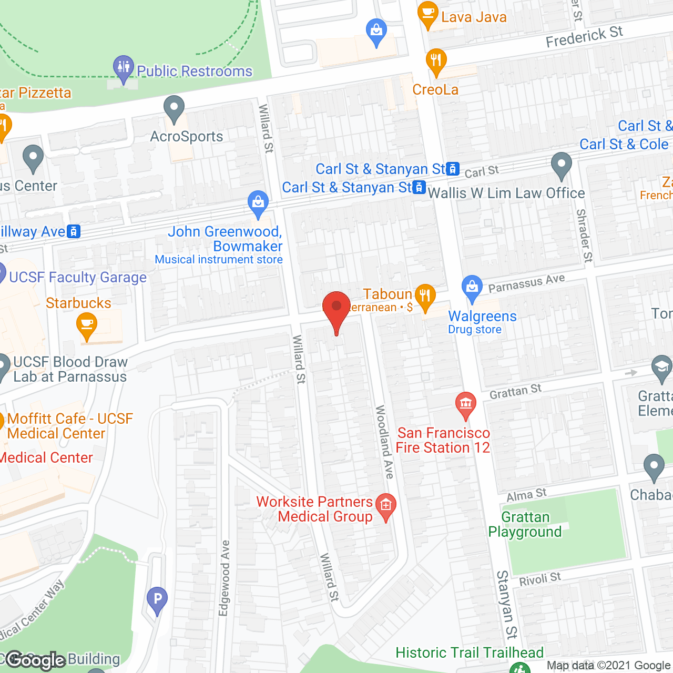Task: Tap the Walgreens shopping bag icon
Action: pos(472,287)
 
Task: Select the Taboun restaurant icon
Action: pos(425,296)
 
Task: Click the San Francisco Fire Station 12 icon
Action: pos(465,404)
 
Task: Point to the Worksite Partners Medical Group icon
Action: pos(386,506)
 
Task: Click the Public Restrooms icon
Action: pos(124,67)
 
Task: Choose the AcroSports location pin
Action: pos(174,108)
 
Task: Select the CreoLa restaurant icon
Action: pos(436,60)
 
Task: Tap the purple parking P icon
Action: pos(157,599)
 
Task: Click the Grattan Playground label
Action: pos(525,524)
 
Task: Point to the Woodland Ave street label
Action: pos(384,442)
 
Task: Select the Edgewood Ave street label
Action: pos(225,578)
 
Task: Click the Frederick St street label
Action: pos(584,37)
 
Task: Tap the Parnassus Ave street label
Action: pos(526,283)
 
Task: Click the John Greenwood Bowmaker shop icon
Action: pos(258,203)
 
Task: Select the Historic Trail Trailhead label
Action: pos(470,652)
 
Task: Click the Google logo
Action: pos(35,660)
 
